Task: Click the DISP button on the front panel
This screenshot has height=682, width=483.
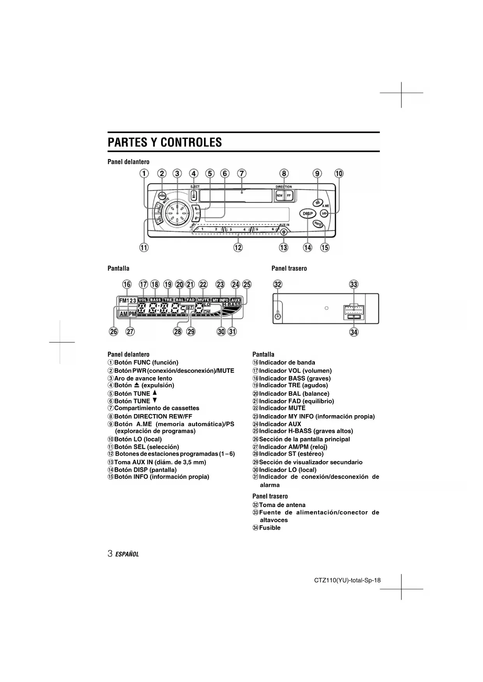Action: (x=307, y=213)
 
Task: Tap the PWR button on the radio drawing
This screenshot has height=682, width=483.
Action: (x=162, y=196)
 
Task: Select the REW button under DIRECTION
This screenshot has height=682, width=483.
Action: (x=279, y=196)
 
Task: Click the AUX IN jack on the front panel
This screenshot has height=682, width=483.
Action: (x=284, y=232)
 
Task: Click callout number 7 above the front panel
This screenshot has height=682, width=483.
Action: (x=242, y=173)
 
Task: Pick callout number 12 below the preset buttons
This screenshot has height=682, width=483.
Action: (x=238, y=247)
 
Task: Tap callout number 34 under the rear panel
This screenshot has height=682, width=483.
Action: (x=354, y=332)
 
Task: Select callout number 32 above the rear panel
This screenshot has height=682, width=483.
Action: (x=278, y=284)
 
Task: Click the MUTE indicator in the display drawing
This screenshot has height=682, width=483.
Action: (x=204, y=300)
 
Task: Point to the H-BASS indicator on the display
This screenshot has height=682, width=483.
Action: (x=232, y=304)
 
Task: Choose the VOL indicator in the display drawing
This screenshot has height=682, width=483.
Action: (x=143, y=300)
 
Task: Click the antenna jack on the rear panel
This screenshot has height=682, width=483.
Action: (x=277, y=315)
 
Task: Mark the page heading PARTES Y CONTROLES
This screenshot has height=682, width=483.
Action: (x=165, y=142)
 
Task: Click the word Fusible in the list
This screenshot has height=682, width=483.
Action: (x=270, y=528)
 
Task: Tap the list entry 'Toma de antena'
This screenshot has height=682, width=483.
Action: (x=282, y=505)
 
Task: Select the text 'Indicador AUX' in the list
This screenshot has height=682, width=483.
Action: (x=280, y=424)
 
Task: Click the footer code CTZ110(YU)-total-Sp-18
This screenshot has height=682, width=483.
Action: (x=347, y=581)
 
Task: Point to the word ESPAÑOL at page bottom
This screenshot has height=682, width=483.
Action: (x=127, y=554)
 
